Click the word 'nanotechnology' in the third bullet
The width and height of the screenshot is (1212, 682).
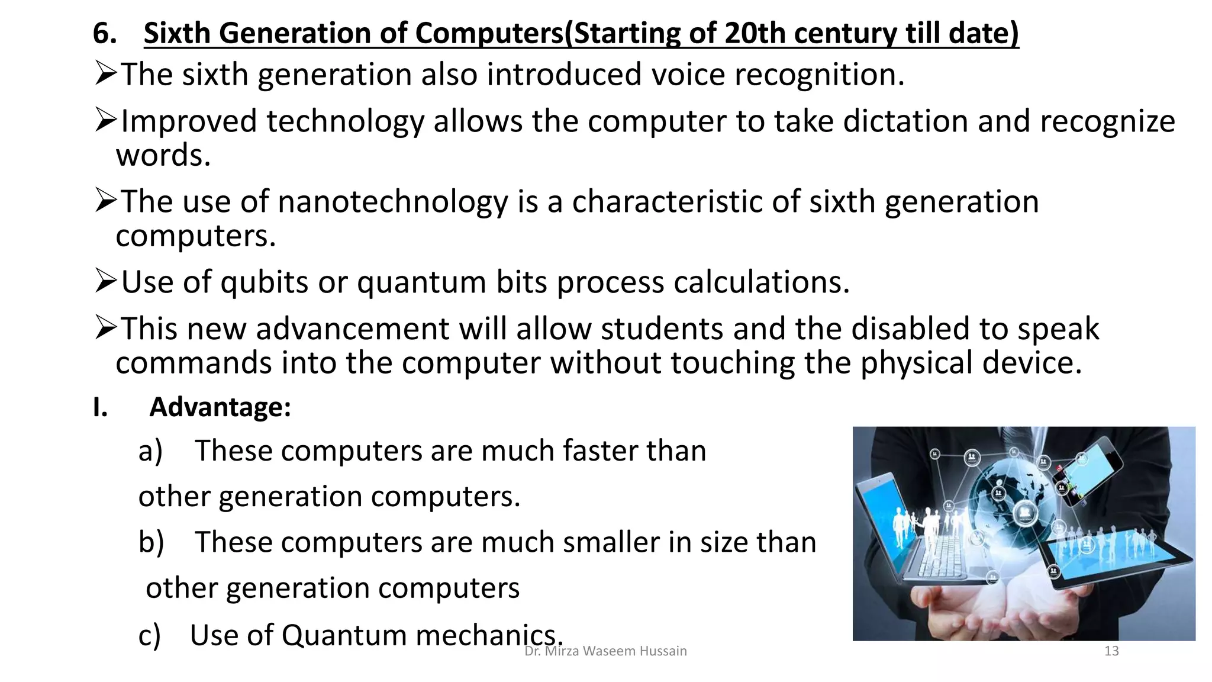392,202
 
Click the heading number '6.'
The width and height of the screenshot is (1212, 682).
105,33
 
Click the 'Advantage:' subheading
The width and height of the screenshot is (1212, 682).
220,407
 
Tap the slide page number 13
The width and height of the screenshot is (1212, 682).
1111,651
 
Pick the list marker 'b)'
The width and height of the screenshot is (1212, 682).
151,542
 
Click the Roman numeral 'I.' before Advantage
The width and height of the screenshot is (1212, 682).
100,407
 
